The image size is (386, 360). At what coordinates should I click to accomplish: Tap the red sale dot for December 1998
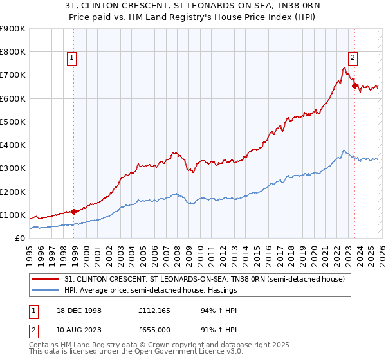click(x=74, y=211)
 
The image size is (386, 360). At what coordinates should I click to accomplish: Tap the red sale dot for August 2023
click(x=354, y=85)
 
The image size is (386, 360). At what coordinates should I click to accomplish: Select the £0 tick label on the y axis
click(x=19, y=238)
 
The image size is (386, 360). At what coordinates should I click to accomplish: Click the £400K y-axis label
click(x=13, y=145)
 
